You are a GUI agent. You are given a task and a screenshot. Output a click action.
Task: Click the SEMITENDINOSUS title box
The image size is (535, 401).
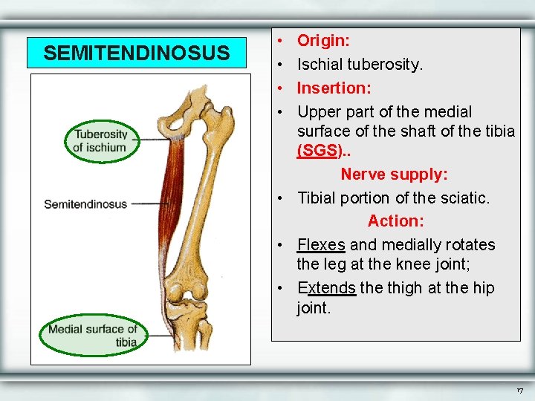click(x=137, y=53)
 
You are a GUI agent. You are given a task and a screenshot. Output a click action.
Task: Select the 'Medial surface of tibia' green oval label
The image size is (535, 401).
click(x=89, y=336)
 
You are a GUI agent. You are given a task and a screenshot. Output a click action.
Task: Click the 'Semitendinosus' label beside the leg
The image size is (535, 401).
click(x=85, y=204)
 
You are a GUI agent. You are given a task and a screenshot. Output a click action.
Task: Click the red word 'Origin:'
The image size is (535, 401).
click(x=324, y=40)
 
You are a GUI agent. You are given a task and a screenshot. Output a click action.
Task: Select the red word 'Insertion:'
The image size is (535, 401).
click(x=334, y=88)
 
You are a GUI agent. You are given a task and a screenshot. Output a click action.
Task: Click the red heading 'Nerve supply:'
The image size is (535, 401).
click(x=395, y=175)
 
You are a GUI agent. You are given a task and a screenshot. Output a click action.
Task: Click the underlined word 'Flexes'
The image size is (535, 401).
click(x=321, y=245)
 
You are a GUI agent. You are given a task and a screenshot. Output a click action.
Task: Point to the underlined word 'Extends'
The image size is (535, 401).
click(x=327, y=288)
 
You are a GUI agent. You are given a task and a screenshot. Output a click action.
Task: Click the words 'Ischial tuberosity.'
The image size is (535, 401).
click(x=360, y=65)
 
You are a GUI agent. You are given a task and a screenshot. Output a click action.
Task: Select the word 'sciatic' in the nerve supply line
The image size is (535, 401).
click(x=465, y=198)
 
